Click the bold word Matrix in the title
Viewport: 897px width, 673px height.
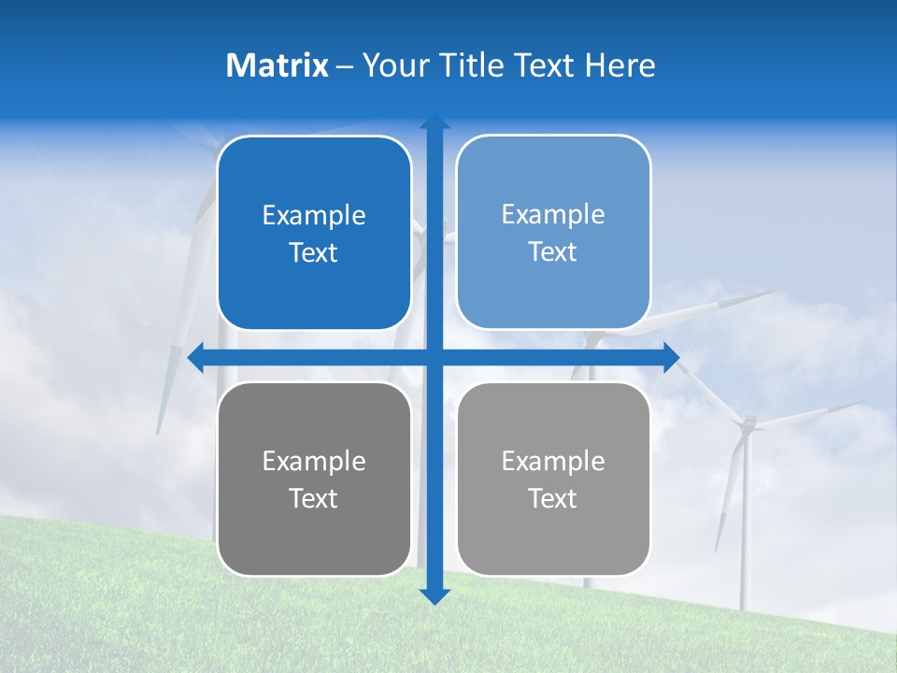pyautogui.click(x=277, y=65)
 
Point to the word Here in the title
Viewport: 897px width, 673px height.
pyautogui.click(x=620, y=65)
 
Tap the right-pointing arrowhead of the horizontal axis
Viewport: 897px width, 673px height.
pyautogui.click(x=671, y=358)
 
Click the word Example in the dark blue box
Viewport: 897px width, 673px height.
pyautogui.click(x=314, y=216)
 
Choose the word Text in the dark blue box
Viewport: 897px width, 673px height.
pyautogui.click(x=314, y=253)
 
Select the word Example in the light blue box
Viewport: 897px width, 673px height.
pyautogui.click(x=553, y=215)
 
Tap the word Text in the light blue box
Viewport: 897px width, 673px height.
pyautogui.click(x=553, y=252)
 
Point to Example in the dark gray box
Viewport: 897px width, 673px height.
pyautogui.click(x=314, y=462)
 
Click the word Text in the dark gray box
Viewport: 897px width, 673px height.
pyautogui.click(x=314, y=499)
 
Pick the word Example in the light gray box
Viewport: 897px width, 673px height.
pyautogui.click(x=553, y=462)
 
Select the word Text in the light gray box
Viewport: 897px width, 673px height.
pyautogui.click(x=553, y=499)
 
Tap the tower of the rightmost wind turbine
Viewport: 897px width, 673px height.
pyautogui.click(x=745, y=533)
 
